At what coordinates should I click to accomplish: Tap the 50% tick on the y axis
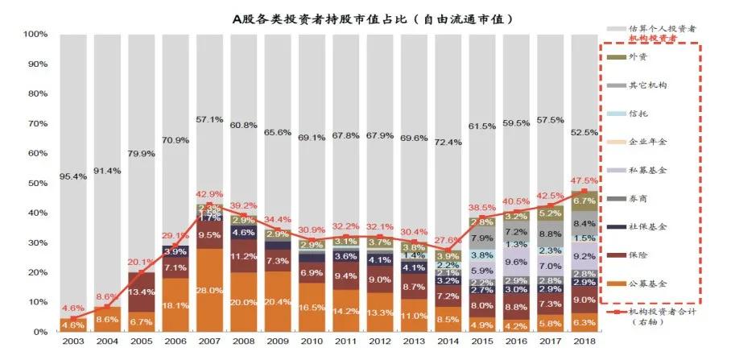click(36, 183)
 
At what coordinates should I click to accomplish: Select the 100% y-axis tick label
click(34, 35)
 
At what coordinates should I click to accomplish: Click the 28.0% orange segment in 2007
click(209, 291)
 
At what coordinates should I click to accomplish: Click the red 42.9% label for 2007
click(209, 195)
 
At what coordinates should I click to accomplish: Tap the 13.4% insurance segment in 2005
click(142, 291)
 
